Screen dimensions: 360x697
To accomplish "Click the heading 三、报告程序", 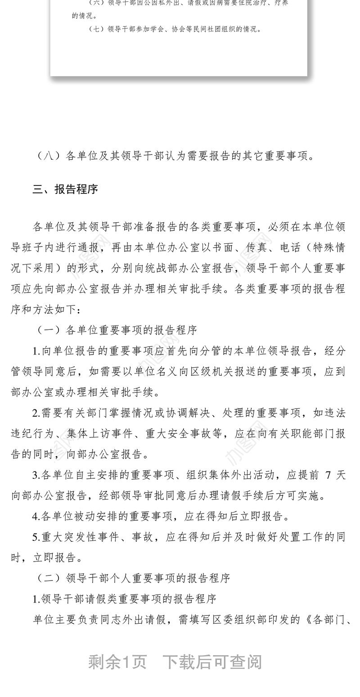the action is point(65,189).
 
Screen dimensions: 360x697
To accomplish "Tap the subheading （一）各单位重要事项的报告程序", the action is point(117,330).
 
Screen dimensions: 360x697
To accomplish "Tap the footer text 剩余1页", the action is point(117,662).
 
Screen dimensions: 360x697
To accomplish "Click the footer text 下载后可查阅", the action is point(212,662).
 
